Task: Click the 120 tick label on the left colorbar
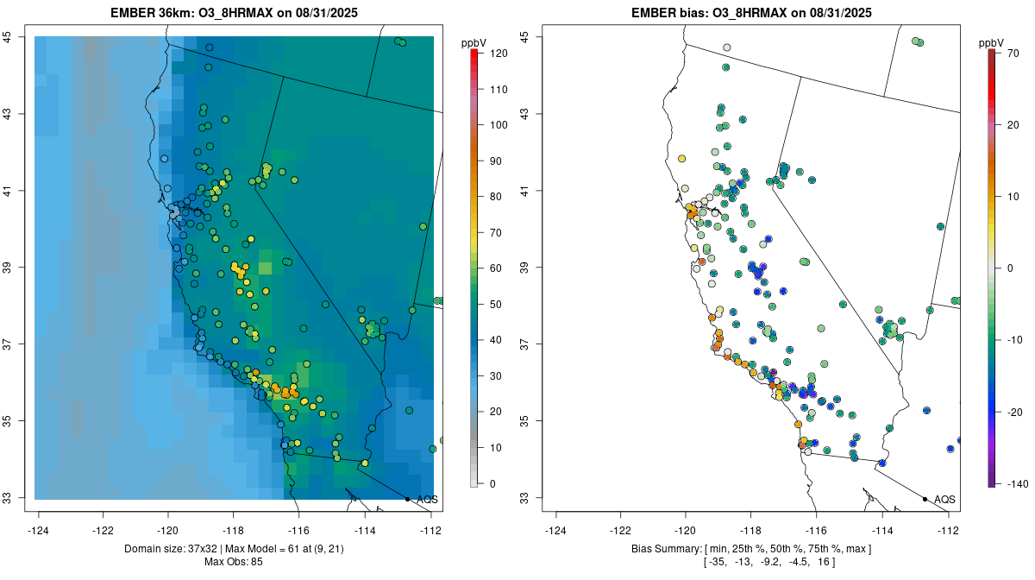click(499, 54)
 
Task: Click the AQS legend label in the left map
click(427, 500)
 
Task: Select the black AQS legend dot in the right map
click(925, 499)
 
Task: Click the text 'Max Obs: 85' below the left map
click(234, 562)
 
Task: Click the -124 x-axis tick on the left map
click(39, 530)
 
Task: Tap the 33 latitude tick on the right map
click(524, 498)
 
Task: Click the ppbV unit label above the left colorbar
click(474, 42)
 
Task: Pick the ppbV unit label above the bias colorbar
click(991, 42)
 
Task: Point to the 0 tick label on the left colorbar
click(492, 483)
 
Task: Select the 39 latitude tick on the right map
click(524, 268)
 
